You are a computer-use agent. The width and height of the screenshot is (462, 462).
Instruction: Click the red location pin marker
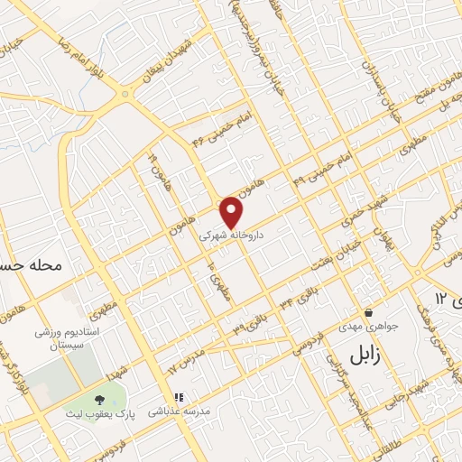[x=232, y=212]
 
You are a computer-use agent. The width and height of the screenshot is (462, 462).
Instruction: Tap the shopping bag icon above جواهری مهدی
[x=368, y=312]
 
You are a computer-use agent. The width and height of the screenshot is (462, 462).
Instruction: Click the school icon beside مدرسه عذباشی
[x=178, y=397]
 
